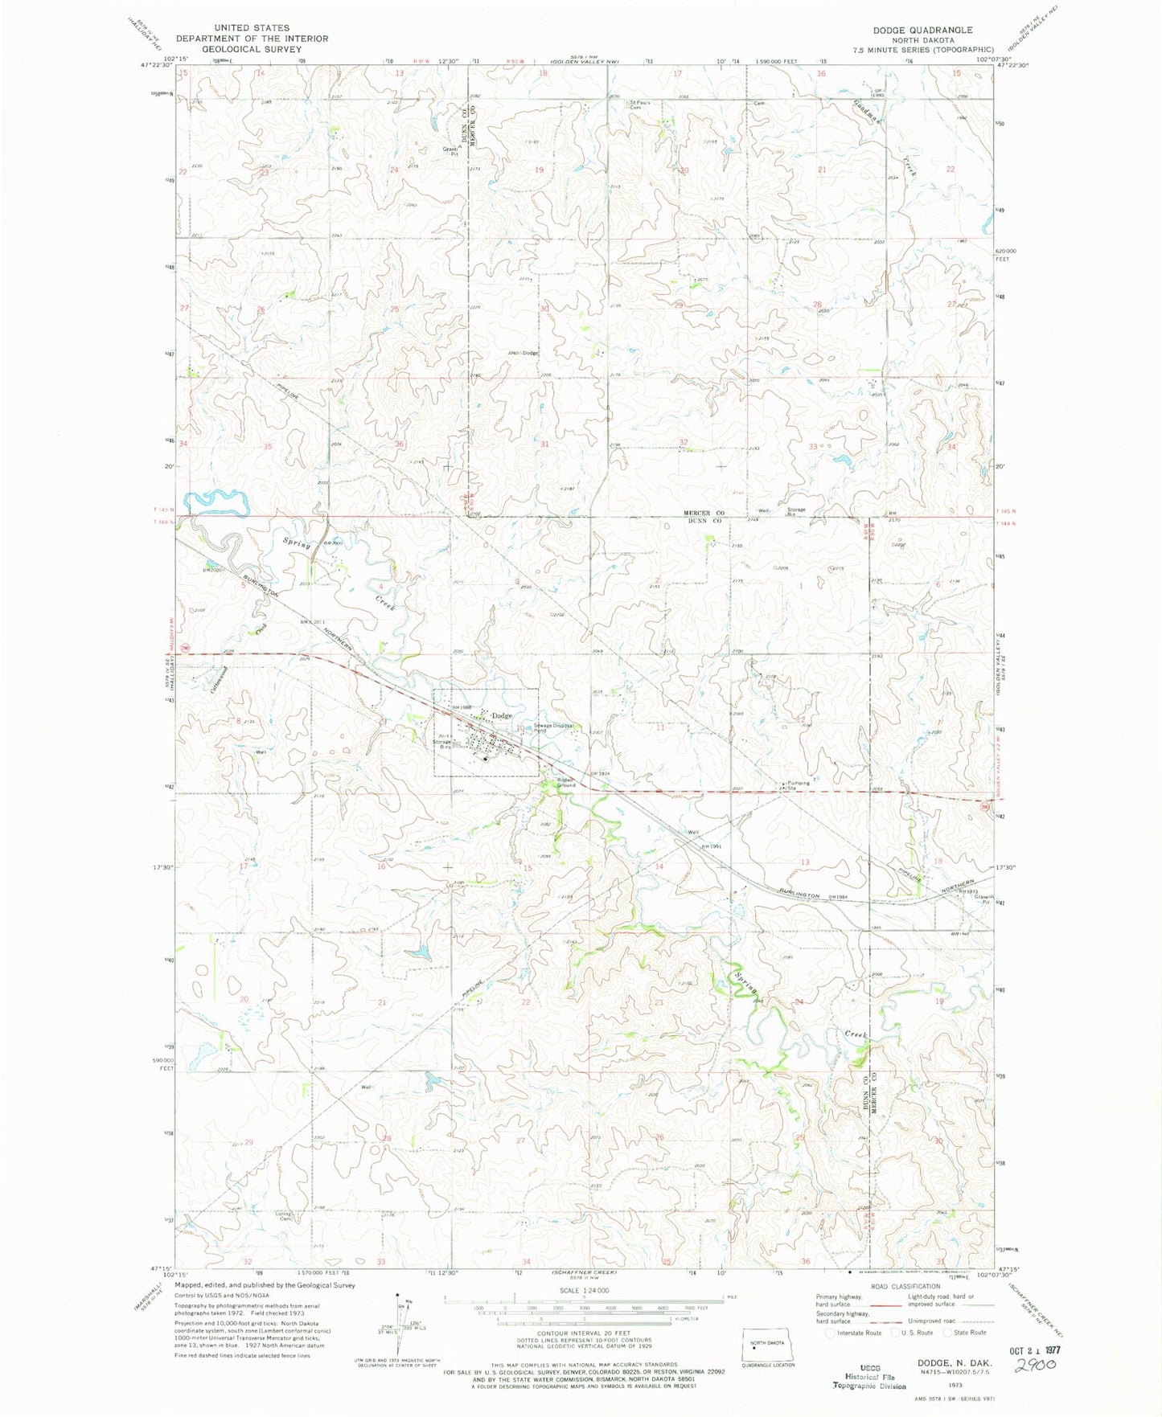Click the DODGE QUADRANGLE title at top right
click(x=922, y=30)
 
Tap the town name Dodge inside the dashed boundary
click(x=502, y=715)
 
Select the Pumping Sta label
click(x=798, y=785)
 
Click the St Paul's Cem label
click(x=640, y=104)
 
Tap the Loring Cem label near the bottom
click(x=283, y=1216)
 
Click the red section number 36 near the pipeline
click(x=400, y=444)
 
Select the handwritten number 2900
click(x=1035, y=1367)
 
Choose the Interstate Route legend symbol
click(x=831, y=1332)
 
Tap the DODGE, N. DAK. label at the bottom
click(x=955, y=1363)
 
